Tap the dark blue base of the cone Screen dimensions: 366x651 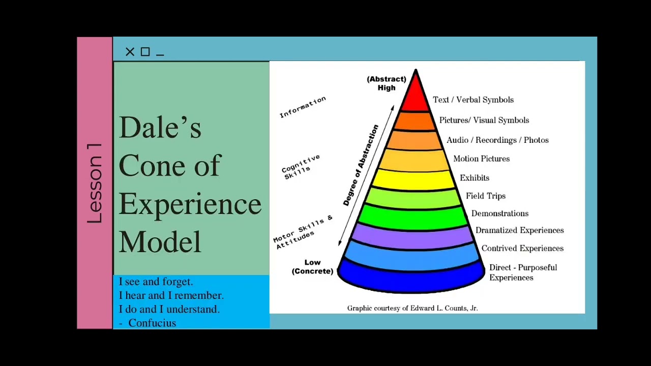coord(411,279)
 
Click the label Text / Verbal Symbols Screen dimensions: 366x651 coord(473,100)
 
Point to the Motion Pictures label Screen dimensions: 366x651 coord(481,159)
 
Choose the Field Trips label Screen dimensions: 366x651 coord(485,196)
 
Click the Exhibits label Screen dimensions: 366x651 coord(474,178)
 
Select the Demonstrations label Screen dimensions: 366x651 coord(499,213)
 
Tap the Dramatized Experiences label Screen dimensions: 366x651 coord(519,230)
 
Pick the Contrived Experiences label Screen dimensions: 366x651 coord(522,248)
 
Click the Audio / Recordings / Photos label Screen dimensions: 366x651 coord(497,140)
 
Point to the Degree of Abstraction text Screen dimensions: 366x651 coord(361,165)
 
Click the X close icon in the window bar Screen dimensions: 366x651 coord(130,52)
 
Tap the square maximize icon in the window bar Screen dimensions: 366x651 coord(145,52)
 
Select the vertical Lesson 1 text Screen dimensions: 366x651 coord(95,183)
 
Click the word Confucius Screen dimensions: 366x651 coord(152,323)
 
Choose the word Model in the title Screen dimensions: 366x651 coord(160,241)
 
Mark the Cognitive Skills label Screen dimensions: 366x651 coord(301,167)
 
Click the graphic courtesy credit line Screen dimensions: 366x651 coord(412,308)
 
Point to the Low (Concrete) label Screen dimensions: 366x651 coord(312,267)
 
